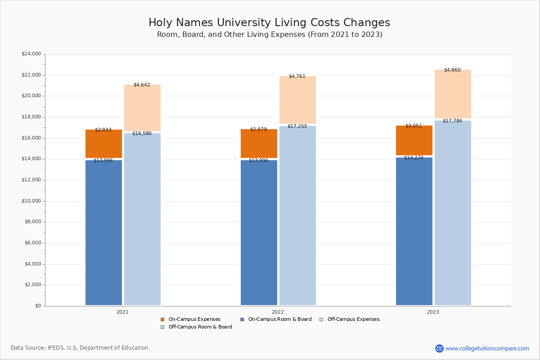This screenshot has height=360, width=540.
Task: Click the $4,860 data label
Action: click(x=452, y=70)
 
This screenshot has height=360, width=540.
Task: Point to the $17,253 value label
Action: click(x=297, y=126)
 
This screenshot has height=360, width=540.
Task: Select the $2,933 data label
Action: click(x=103, y=130)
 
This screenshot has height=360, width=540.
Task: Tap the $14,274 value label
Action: click(x=414, y=158)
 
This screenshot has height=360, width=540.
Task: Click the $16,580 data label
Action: click(x=142, y=134)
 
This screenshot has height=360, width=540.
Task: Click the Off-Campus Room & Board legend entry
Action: click(x=200, y=327)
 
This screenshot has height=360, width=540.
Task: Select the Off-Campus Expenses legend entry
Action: click(x=353, y=319)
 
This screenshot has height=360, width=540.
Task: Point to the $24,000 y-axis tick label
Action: click(x=31, y=54)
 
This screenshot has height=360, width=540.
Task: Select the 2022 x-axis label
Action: click(x=278, y=312)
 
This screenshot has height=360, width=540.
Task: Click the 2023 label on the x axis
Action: click(x=433, y=312)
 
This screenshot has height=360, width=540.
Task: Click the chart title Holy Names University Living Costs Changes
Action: click(x=269, y=23)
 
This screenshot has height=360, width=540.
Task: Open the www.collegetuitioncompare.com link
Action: click(x=487, y=348)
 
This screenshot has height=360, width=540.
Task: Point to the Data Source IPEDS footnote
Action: click(x=80, y=348)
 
